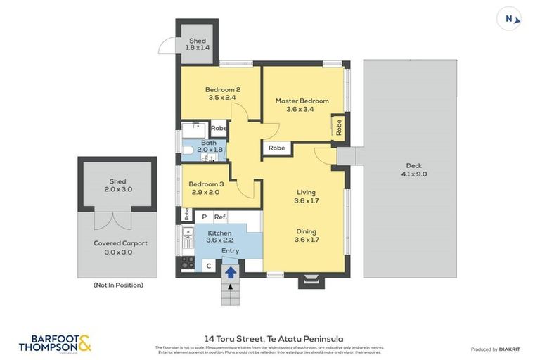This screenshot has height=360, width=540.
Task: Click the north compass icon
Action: [x=510, y=19]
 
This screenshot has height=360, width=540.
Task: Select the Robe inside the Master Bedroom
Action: [x=338, y=127]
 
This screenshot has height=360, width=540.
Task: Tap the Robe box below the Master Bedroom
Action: [x=277, y=148]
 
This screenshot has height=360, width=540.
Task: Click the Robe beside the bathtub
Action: [x=219, y=128]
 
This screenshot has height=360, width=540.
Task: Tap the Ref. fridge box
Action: [x=220, y=217]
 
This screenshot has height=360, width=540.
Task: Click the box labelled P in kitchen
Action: [x=204, y=217]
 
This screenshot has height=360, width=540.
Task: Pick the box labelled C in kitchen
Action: [x=208, y=266]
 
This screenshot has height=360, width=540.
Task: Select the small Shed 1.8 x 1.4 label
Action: [x=198, y=44]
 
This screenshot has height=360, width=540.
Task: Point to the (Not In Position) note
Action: [x=118, y=285]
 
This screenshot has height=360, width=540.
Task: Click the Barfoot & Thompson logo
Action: [x=55, y=342]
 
